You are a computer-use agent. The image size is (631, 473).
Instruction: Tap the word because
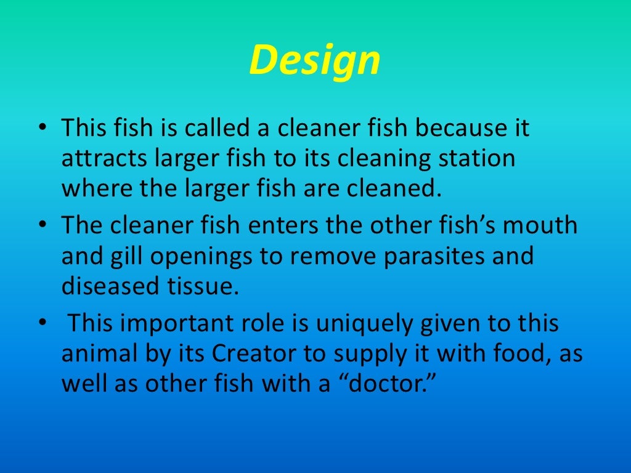click(x=441, y=129)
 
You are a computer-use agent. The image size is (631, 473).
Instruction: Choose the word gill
click(x=124, y=256)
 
